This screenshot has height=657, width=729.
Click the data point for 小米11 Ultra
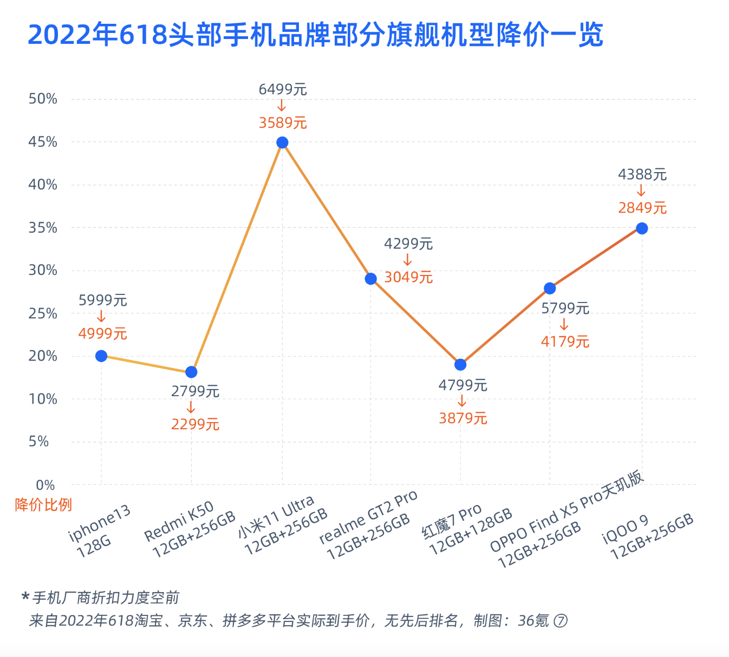coord(282,143)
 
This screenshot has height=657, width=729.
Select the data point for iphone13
coord(101,356)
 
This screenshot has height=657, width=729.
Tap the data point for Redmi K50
coord(191,372)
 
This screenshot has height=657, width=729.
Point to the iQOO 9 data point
coord(642,228)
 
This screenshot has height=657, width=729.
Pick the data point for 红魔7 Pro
coord(460,365)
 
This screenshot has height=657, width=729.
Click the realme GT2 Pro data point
coord(371,279)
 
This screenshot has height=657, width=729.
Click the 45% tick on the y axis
coord(43,142)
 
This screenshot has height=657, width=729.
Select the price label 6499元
coord(283,90)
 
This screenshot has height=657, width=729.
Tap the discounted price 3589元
coord(283,123)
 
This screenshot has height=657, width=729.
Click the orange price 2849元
coord(642,208)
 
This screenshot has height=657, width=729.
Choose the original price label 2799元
coord(195,391)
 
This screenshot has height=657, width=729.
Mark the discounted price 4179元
coord(565,342)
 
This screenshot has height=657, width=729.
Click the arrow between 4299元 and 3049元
coord(408,261)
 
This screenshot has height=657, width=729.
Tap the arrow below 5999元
coord(101,317)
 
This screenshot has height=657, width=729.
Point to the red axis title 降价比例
coord(43,505)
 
